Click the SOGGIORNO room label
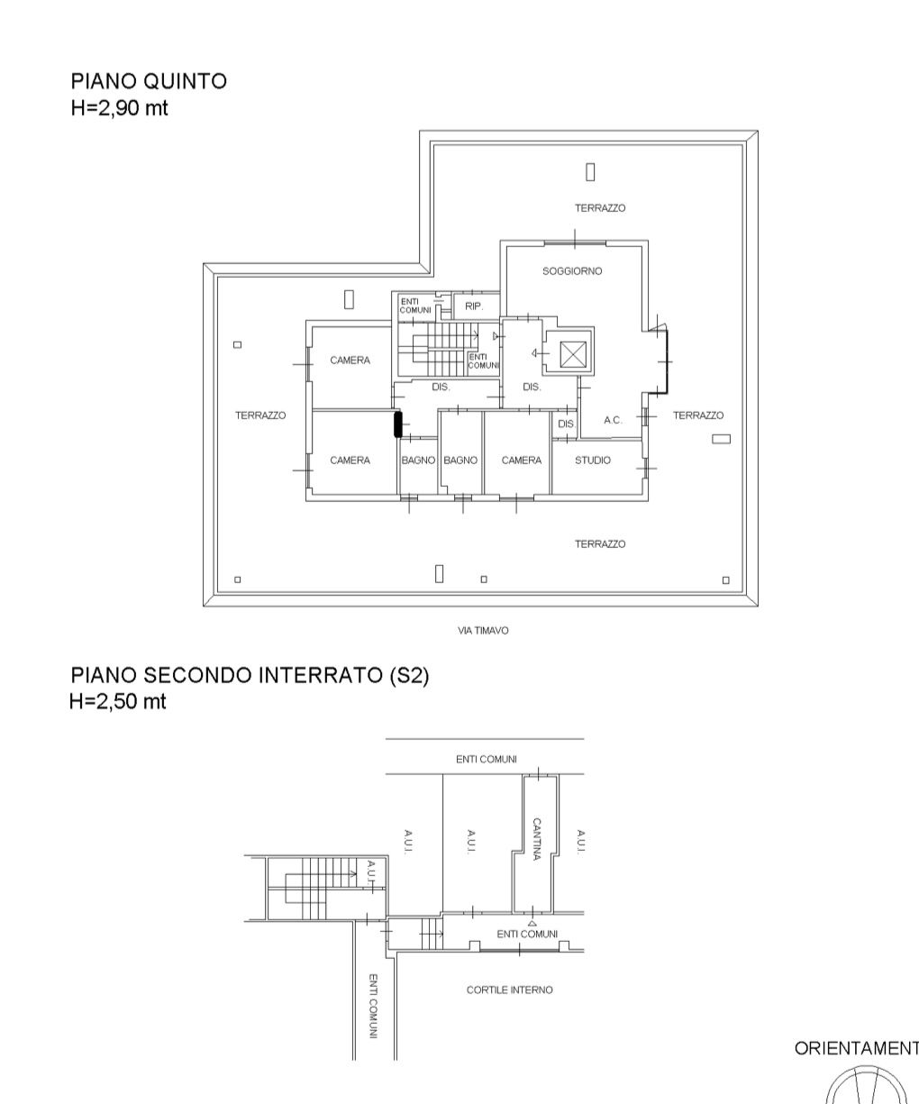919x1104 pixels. click(572, 271)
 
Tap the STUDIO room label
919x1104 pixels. click(593, 461)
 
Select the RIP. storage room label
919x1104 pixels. click(474, 306)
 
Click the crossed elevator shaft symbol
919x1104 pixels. click(573, 354)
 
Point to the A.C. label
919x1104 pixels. click(614, 420)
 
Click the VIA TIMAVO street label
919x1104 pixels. click(483, 630)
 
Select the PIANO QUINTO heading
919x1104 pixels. click(150, 81)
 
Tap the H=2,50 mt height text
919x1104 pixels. click(118, 702)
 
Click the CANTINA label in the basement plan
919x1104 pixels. click(537, 839)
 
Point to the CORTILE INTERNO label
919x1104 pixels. click(510, 990)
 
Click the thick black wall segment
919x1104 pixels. click(398, 424)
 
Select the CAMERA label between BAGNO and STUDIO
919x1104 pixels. click(522, 461)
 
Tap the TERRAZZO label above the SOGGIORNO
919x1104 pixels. click(600, 208)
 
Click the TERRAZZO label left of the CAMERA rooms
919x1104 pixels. click(260, 415)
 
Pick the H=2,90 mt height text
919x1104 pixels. click(120, 108)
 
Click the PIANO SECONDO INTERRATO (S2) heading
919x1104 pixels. click(250, 675)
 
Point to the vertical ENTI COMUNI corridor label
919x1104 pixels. click(373, 1006)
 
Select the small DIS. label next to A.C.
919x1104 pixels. click(567, 424)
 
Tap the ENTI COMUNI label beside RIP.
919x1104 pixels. click(415, 306)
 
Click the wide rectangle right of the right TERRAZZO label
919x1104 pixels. click(722, 439)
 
